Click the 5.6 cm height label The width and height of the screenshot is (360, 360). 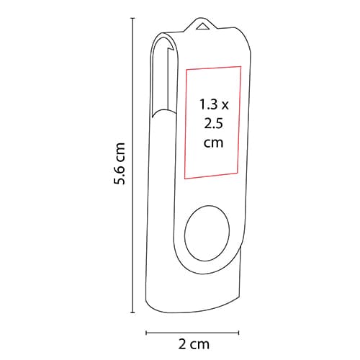(x=120, y=163)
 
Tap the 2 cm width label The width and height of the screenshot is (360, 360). (x=194, y=344)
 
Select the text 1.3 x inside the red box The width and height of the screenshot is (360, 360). (x=214, y=104)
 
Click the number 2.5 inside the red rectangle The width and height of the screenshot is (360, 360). (x=214, y=124)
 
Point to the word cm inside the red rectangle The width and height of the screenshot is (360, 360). (x=214, y=143)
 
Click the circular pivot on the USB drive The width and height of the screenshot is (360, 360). (x=207, y=232)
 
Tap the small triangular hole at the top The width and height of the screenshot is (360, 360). (x=202, y=27)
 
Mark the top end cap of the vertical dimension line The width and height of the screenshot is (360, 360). (x=132, y=18)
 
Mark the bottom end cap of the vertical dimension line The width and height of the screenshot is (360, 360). (x=132, y=312)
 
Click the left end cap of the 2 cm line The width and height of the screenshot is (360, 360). (x=146, y=333)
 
